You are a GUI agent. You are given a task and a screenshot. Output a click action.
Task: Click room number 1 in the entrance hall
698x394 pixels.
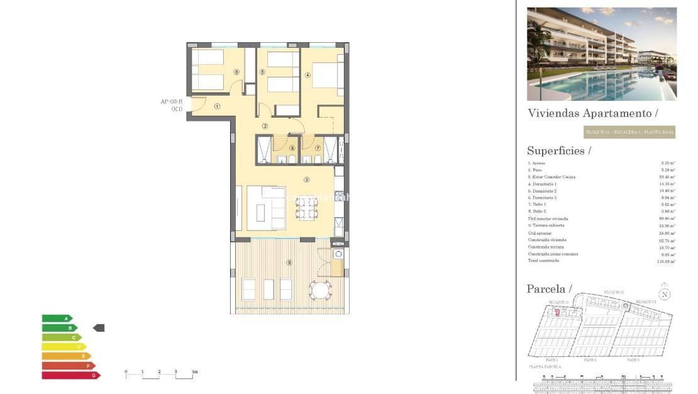[x=217, y=106]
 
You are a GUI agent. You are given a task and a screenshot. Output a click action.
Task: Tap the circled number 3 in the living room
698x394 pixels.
[x=306, y=179]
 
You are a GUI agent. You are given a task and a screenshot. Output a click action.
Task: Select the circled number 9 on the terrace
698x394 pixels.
[x=289, y=262]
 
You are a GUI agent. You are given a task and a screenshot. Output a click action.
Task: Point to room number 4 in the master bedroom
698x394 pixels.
[x=307, y=75]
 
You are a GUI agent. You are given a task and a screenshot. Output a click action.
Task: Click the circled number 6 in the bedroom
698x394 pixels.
[x=236, y=72]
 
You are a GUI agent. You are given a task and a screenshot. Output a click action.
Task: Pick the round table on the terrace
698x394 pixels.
[x=321, y=290]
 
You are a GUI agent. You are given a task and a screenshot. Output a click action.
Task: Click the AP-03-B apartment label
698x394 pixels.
[x=171, y=101]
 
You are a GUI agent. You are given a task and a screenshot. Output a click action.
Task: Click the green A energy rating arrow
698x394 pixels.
[x=57, y=318]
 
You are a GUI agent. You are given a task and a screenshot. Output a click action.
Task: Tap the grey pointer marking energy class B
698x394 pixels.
[x=99, y=328]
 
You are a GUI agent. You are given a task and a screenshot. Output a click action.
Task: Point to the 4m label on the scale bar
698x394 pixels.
[x=194, y=372]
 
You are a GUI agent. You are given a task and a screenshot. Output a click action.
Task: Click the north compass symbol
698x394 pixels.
[x=665, y=294]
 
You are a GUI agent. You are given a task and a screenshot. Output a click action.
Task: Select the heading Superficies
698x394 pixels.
[x=558, y=150]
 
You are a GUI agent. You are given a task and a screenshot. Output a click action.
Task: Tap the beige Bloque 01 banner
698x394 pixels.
[x=629, y=132]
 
